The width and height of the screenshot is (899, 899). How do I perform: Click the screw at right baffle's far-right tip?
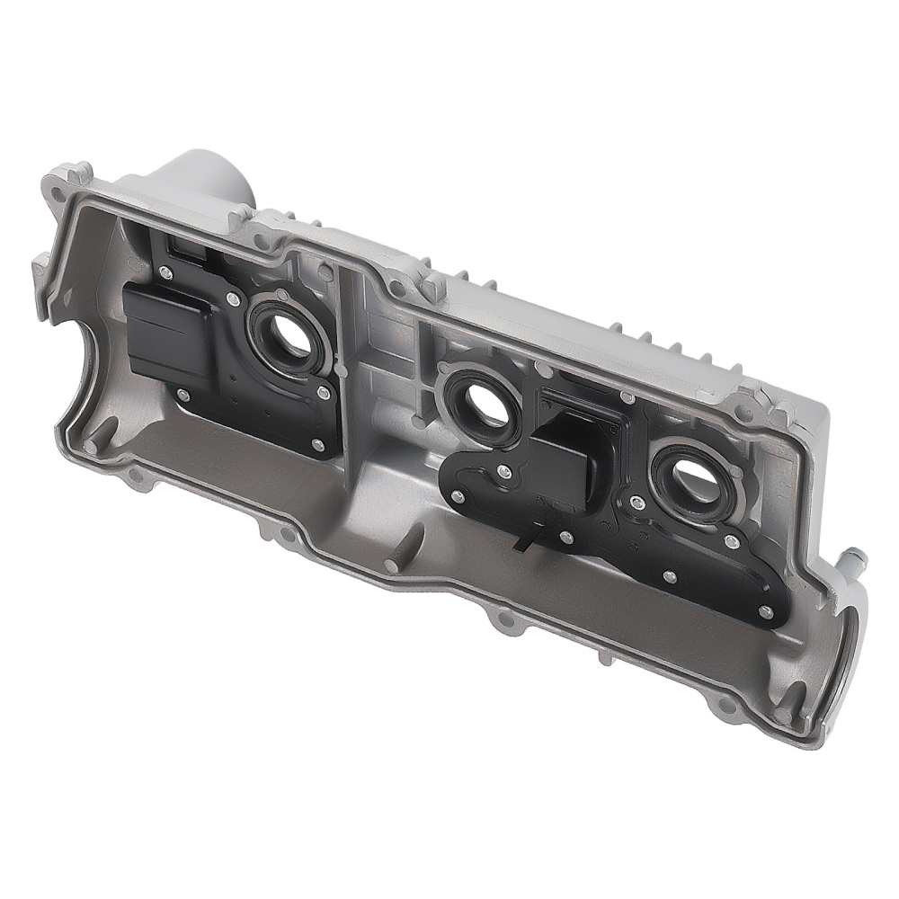[765, 612]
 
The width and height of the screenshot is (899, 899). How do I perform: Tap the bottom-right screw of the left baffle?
[316, 444]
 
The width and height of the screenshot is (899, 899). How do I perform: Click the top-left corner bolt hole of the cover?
[58, 190]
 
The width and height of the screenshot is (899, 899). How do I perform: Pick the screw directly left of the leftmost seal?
[233, 300]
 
